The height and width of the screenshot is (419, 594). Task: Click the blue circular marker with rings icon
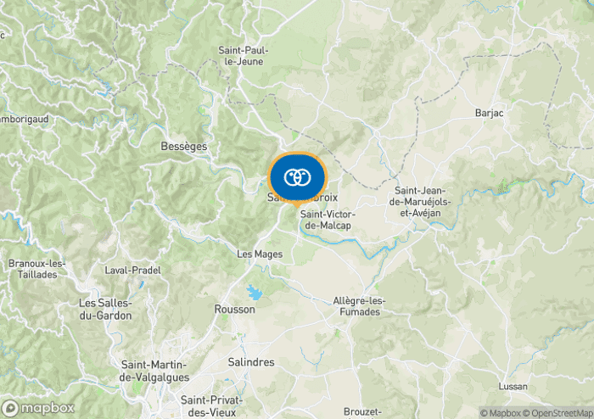[297, 177]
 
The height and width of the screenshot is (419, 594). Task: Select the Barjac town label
[490, 113]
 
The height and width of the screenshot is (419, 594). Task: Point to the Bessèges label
[184, 147]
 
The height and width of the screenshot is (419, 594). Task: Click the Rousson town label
[235, 310]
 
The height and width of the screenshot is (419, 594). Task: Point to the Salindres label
[251, 362]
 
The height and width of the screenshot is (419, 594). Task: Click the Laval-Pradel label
[132, 271]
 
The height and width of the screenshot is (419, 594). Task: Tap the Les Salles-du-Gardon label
[105, 309]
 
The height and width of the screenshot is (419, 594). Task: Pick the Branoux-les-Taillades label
[32, 269]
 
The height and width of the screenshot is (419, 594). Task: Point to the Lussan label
[513, 387]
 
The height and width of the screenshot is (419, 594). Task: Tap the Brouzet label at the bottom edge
[363, 411]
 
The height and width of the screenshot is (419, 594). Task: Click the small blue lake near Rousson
[255, 293]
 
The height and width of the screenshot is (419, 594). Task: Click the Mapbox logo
[38, 408]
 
